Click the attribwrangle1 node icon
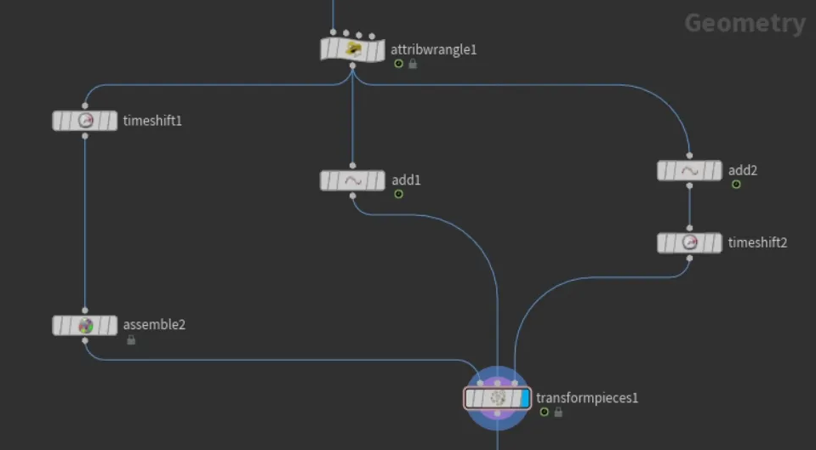(x=353, y=49)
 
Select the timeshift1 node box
(x=85, y=121)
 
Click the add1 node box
(x=352, y=180)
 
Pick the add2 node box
(x=689, y=171)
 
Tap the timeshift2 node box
(x=689, y=242)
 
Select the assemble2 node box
(x=85, y=325)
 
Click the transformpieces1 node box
(x=496, y=397)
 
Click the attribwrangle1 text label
(x=434, y=49)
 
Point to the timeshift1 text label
(x=152, y=121)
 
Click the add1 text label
(x=406, y=180)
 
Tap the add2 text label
(x=743, y=170)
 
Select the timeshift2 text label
(x=757, y=242)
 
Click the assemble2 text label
(x=154, y=324)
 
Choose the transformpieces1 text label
(x=587, y=397)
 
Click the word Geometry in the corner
(x=745, y=23)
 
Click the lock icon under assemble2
(x=131, y=339)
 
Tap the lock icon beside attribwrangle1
(x=413, y=64)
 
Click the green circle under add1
(x=398, y=194)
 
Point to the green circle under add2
(x=736, y=184)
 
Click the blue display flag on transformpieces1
(x=525, y=397)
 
